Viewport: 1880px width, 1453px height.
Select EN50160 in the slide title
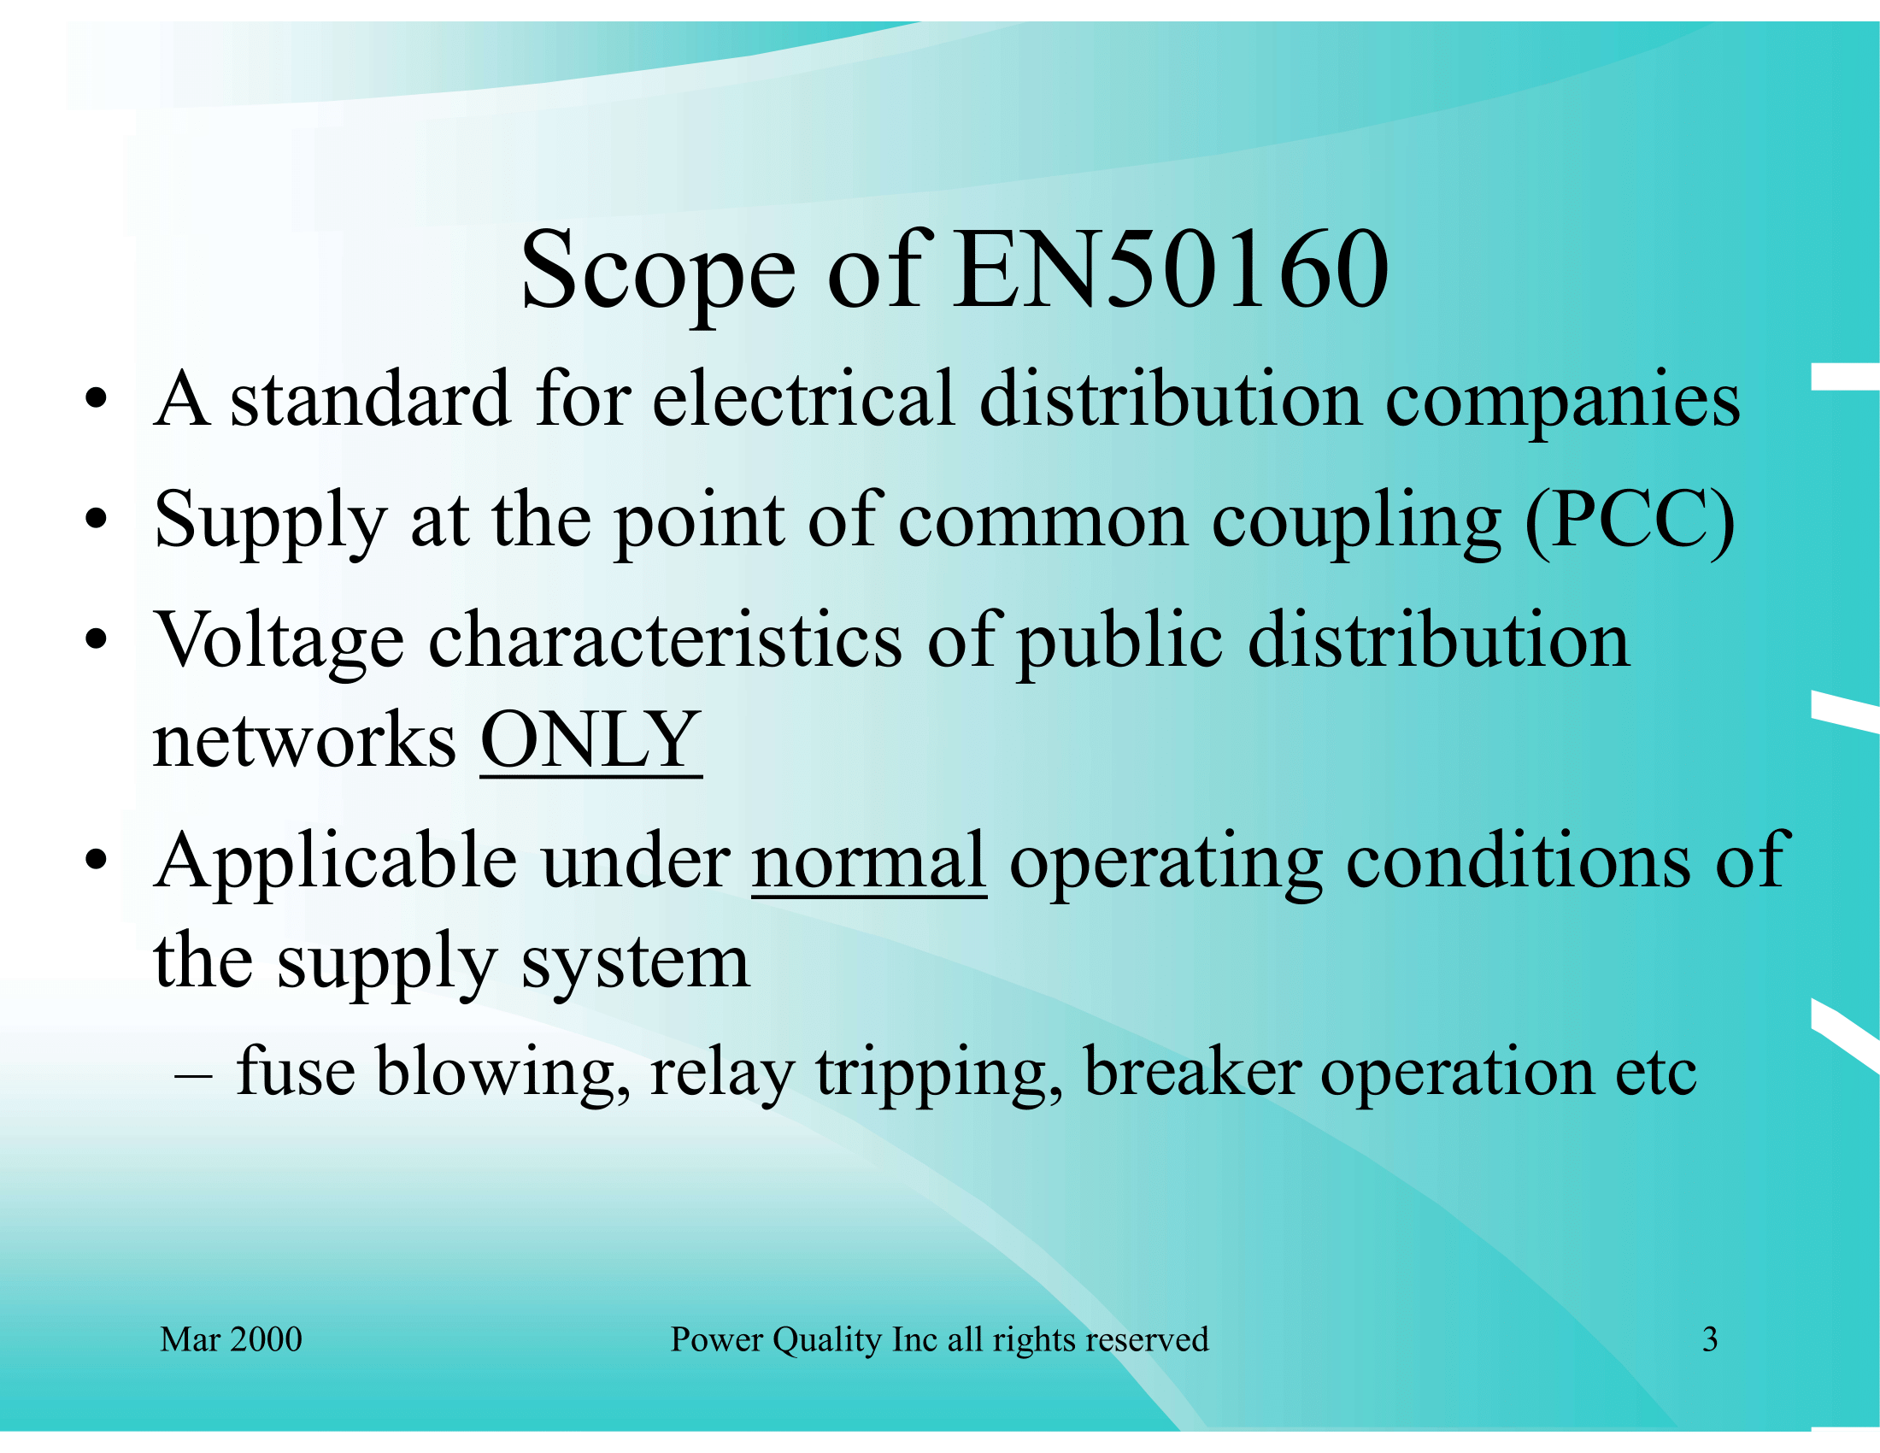click(1172, 268)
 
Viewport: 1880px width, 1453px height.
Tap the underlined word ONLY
click(590, 739)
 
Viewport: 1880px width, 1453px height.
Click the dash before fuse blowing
click(193, 1075)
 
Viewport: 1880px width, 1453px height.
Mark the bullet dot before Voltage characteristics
click(97, 639)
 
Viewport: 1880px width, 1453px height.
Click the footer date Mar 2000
click(231, 1338)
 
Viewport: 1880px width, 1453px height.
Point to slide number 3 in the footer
click(1711, 1339)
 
